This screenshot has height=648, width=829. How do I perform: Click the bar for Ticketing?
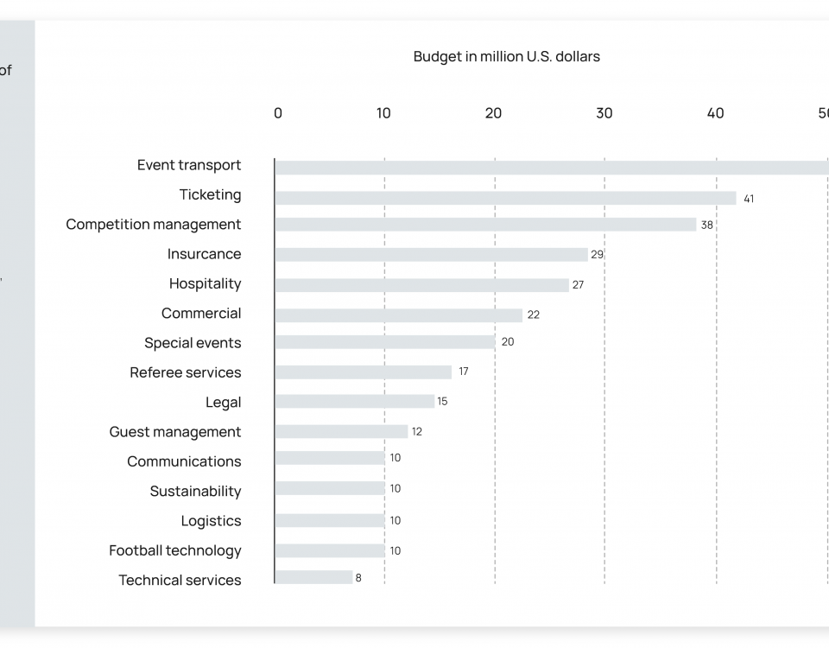tap(505, 198)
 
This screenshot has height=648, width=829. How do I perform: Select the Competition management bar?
tap(485, 225)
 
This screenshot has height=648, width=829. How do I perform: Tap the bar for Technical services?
tap(313, 577)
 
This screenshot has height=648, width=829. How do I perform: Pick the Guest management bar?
tap(341, 431)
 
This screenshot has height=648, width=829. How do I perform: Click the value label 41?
tap(749, 199)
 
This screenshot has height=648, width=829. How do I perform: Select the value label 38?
tap(707, 225)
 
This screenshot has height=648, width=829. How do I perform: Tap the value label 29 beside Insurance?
tap(596, 255)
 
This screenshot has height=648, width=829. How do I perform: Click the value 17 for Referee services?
tap(464, 372)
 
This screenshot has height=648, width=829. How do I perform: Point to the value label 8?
tap(358, 577)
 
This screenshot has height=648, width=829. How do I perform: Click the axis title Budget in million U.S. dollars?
tap(506, 57)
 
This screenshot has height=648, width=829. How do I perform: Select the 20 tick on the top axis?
tap(493, 113)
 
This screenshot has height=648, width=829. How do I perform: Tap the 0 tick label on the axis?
tap(277, 113)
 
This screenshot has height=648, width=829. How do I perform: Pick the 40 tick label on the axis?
tap(715, 113)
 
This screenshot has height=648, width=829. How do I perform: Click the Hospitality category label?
tap(205, 283)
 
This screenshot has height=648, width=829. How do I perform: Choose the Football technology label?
tap(174, 550)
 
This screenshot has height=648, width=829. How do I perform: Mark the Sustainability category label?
tap(195, 491)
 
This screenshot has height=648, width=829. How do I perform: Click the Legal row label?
tap(223, 402)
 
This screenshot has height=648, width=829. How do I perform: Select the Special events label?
tap(193, 343)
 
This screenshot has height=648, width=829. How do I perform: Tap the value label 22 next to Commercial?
tap(534, 314)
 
